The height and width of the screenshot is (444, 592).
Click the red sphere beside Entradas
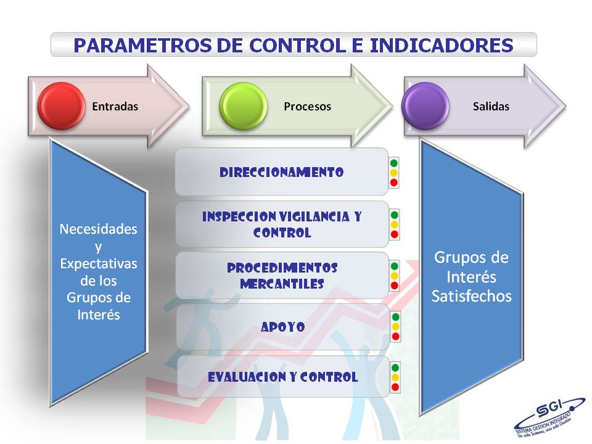pos(61,106)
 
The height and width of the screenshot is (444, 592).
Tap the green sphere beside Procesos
pos(243,106)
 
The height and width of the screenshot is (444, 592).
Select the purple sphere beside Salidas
pos(425,106)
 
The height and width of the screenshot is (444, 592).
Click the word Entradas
pos(115,107)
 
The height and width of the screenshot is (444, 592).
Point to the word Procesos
pos(307,107)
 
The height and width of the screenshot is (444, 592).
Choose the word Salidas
pos(491,107)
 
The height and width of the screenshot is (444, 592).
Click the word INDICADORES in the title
pos(442,45)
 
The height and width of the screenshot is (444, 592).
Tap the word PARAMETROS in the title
pos(142,45)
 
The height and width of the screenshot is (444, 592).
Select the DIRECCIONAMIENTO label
pos(282,172)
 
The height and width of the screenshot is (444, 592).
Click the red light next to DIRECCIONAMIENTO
pos(394,183)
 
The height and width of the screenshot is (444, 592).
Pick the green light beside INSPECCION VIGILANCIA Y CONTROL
pos(394,215)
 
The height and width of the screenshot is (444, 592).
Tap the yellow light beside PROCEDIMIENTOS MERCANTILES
pos(395,276)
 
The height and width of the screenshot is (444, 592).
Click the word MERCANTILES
pos(282,284)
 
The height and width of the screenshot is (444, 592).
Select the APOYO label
pos(283,327)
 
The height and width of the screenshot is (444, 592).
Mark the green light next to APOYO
pos(395,317)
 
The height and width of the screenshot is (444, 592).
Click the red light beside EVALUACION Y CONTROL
pos(395,387)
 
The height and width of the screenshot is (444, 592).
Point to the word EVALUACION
pos(247,377)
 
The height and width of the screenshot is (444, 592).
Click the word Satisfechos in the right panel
pos(472,297)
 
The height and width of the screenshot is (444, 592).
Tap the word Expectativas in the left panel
pos(99,263)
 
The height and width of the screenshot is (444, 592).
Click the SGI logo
pos(549,417)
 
